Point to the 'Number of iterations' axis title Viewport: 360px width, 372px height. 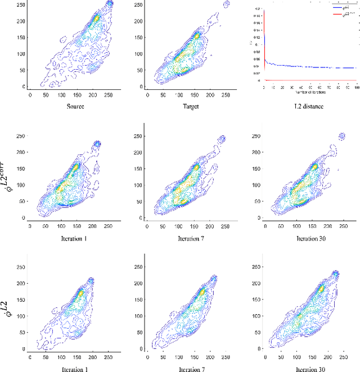point(303,92)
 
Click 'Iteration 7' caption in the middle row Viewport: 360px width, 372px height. point(185,239)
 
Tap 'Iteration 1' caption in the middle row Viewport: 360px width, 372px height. point(67,239)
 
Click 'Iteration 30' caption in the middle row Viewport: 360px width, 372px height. point(304,239)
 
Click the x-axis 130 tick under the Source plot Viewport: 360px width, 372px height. point(74,96)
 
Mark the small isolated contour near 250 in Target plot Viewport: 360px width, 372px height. point(227,4)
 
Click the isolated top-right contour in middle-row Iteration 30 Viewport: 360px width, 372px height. point(341,136)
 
